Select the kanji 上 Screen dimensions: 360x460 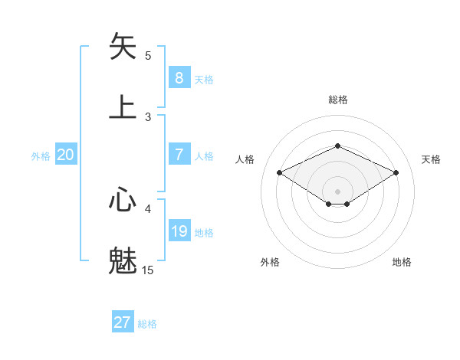coord(123,106)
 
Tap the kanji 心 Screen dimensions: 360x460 coord(123,200)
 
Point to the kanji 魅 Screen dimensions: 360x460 coord(123,260)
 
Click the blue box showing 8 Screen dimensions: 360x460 coord(179,77)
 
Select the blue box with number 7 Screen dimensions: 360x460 coord(179,155)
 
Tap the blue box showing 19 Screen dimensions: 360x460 coord(179,231)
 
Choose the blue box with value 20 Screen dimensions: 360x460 coord(66,155)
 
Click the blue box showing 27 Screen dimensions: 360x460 coord(123,322)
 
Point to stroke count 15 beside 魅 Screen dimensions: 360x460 coord(148,270)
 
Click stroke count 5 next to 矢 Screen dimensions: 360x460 coord(148,55)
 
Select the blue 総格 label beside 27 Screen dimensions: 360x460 coord(147,324)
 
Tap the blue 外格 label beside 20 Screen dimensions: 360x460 coord(41,156)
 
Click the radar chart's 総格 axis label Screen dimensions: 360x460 coord(337,100)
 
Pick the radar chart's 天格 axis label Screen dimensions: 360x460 coord(432,159)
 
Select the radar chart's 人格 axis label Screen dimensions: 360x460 coord(245,159)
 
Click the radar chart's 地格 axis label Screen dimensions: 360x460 coord(402,263)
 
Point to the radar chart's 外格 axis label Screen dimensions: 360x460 coord(270,263)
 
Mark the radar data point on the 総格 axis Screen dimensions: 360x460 coord(337,146)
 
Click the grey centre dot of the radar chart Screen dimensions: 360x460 coord(337,191)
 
